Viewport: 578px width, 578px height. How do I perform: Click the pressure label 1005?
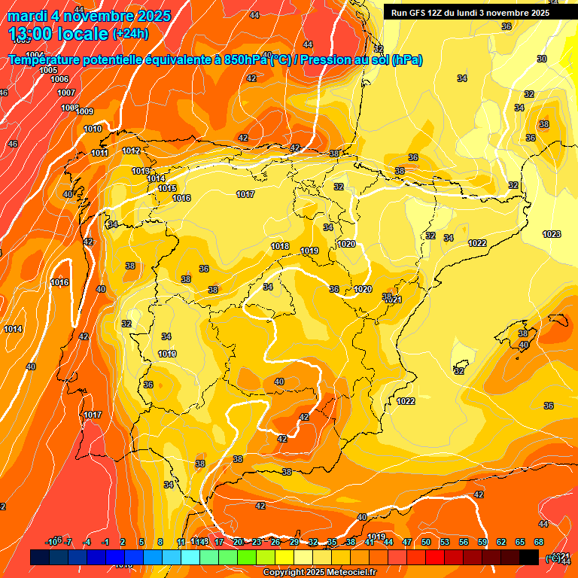tap(48, 70)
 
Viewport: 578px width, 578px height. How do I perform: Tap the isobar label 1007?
tap(66, 93)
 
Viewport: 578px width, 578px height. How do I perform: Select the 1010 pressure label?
tap(93, 129)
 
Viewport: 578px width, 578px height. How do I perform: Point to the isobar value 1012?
tap(131, 151)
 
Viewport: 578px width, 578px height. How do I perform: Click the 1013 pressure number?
tap(141, 171)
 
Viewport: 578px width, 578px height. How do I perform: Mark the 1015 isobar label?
tap(167, 188)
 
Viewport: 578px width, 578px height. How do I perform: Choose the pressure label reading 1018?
tap(280, 246)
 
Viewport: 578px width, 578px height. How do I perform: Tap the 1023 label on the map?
tap(552, 234)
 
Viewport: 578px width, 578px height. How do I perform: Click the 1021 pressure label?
tap(394, 300)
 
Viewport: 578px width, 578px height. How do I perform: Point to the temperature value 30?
tap(542, 59)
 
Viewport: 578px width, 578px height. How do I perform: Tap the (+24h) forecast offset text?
tap(130, 34)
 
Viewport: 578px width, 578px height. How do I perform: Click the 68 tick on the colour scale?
tap(539, 542)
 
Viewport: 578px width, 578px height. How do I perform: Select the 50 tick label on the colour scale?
tap(426, 542)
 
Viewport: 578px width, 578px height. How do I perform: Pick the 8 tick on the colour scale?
tap(160, 542)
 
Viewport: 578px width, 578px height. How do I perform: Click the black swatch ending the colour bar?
tap(529, 557)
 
